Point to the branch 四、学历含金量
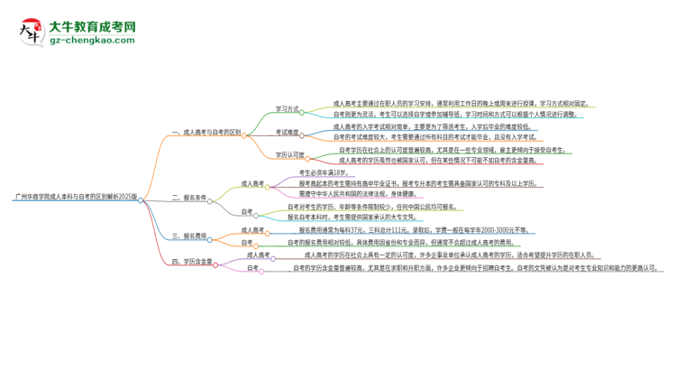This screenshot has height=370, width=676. (x=192, y=261)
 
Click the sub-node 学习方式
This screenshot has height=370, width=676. (x=287, y=109)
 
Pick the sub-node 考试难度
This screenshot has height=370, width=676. (x=287, y=132)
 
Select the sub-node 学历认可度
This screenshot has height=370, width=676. (x=290, y=154)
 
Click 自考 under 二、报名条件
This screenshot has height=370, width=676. (x=247, y=211)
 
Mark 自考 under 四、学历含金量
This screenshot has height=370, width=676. (x=252, y=268)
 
